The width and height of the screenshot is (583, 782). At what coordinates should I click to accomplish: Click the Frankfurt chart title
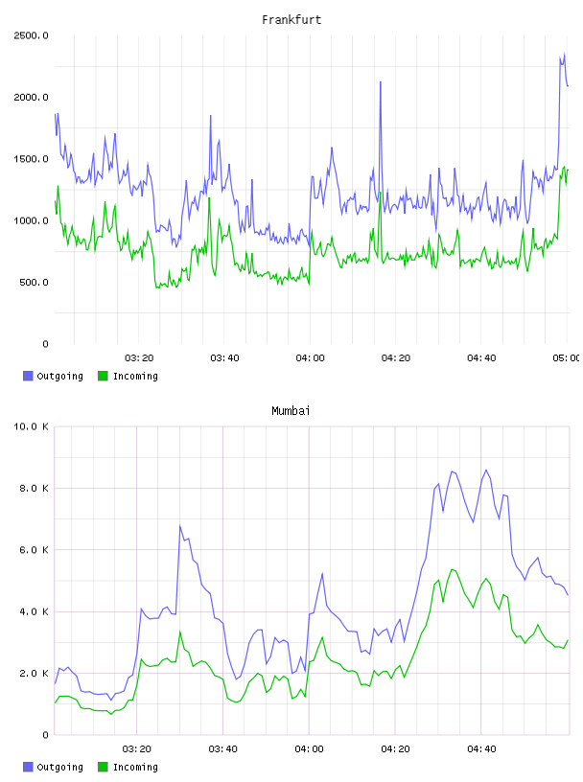tap(291, 20)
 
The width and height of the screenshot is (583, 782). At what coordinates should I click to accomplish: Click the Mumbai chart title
tap(291, 411)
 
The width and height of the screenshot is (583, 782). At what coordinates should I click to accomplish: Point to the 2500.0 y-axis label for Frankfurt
tap(31, 35)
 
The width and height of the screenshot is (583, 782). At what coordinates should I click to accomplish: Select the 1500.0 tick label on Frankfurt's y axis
tap(31, 159)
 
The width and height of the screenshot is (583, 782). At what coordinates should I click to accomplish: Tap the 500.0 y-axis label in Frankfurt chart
tap(34, 283)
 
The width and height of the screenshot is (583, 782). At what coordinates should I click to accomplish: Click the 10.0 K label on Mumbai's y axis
tap(31, 426)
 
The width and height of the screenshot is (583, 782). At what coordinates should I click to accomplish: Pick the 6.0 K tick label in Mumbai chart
tap(34, 549)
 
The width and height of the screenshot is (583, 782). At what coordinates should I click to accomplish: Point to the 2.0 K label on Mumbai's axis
tap(34, 674)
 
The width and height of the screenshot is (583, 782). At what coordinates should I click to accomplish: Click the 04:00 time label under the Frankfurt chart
tap(310, 358)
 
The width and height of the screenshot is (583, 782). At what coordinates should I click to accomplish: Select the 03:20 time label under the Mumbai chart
tap(137, 749)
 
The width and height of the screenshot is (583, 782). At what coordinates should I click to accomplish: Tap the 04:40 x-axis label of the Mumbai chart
tap(481, 749)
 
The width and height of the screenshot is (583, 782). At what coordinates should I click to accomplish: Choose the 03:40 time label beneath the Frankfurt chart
tap(224, 358)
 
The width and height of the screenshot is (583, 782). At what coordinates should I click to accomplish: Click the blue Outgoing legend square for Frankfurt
tap(28, 376)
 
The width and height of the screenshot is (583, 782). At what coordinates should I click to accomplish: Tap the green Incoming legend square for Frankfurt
tap(103, 376)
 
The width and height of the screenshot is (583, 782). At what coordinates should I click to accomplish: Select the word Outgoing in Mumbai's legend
tap(59, 767)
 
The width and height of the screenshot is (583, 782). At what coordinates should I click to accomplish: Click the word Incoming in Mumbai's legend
tap(135, 767)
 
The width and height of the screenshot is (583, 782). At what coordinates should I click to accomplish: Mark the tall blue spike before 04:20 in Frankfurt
tap(381, 82)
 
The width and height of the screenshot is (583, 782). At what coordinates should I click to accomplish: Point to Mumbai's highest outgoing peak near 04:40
tap(486, 470)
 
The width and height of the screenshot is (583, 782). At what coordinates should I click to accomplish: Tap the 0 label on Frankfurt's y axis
tap(45, 344)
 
